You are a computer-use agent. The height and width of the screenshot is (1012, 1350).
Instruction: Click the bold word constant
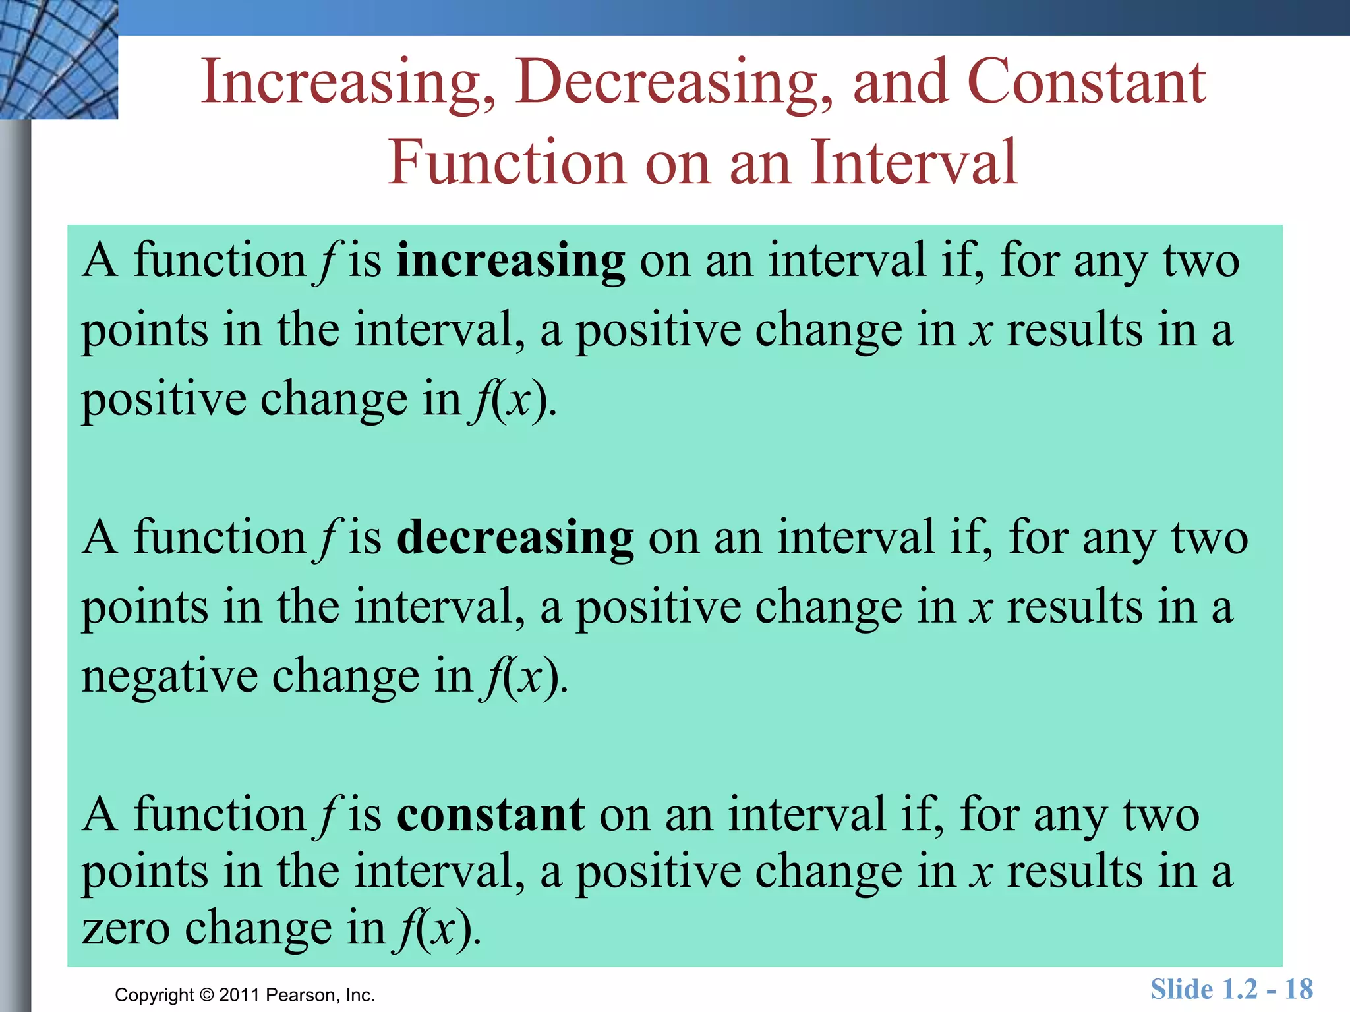pyautogui.click(x=490, y=815)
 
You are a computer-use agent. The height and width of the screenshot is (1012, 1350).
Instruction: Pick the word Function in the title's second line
pyautogui.click(x=506, y=162)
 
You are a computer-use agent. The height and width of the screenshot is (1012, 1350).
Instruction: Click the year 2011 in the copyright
pyautogui.click(x=239, y=995)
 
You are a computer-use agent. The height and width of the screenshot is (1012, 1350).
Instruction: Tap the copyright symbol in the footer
pyautogui.click(x=207, y=995)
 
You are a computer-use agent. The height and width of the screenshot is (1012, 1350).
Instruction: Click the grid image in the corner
pyautogui.click(x=59, y=59)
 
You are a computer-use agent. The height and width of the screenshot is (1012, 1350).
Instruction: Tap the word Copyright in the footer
pyautogui.click(x=154, y=995)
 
